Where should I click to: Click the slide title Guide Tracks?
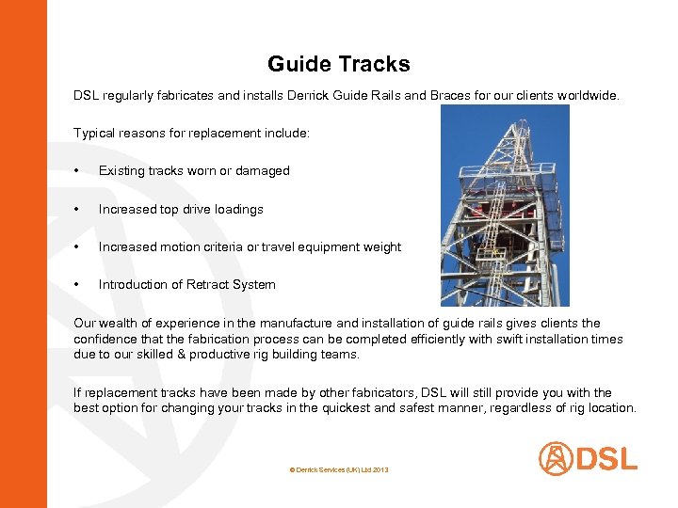click(x=339, y=64)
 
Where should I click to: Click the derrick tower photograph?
click(x=505, y=205)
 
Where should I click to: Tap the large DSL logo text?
click(x=606, y=459)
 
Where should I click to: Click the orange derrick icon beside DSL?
click(x=556, y=459)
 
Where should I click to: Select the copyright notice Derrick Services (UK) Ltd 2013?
click(x=339, y=468)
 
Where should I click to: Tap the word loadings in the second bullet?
click(x=238, y=210)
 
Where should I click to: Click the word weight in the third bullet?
click(x=381, y=247)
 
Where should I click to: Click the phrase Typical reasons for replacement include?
click(x=191, y=134)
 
